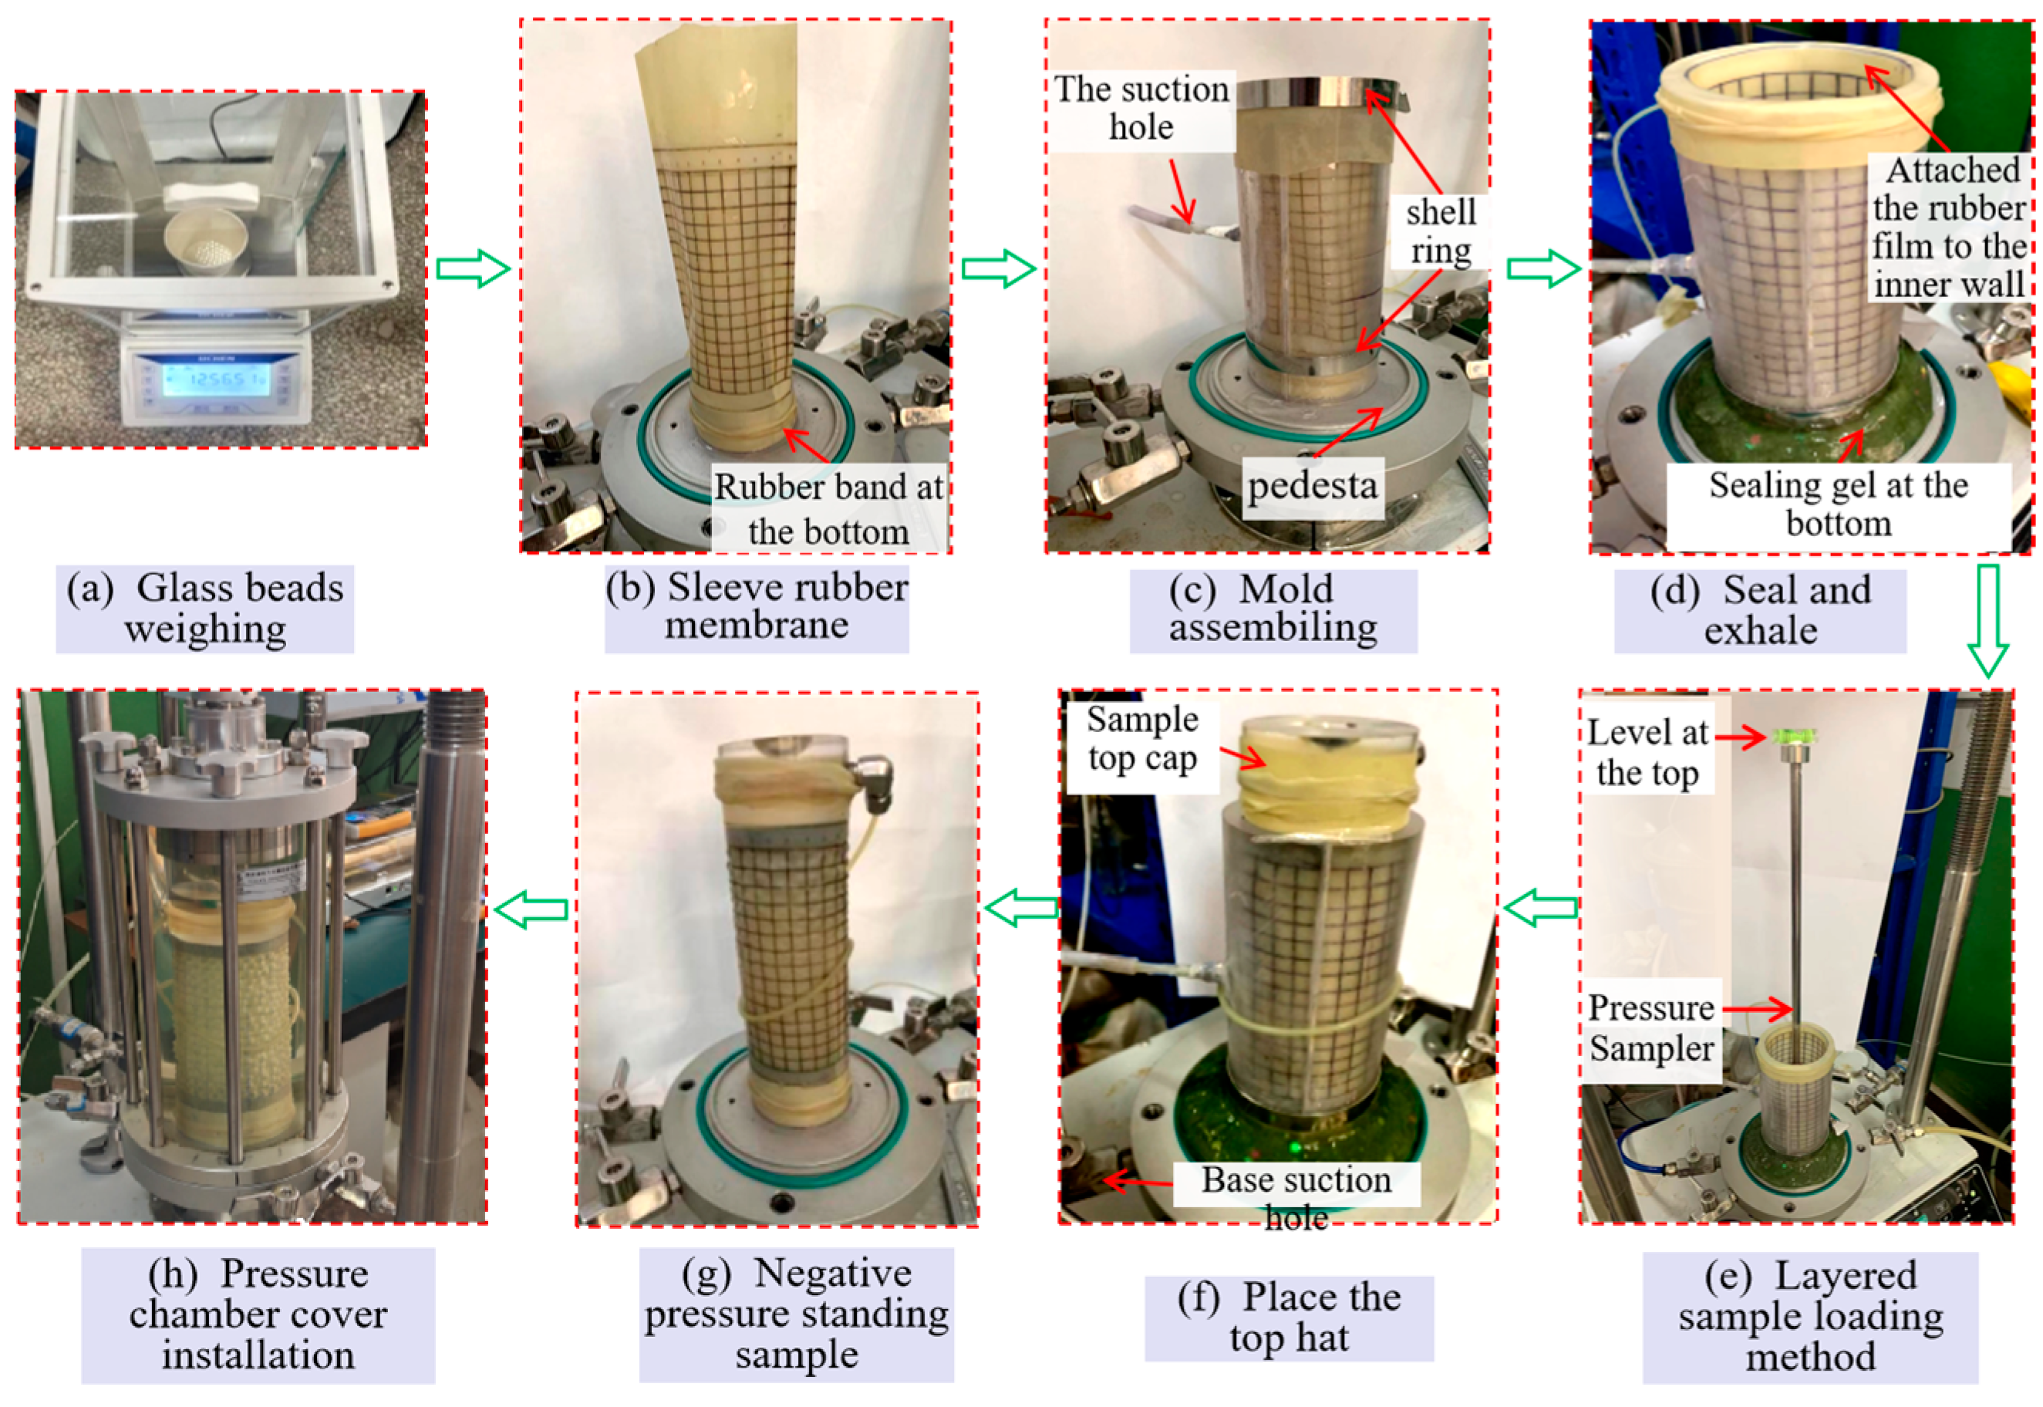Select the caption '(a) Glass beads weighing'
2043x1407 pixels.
point(205,609)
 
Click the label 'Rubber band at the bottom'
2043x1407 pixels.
point(828,508)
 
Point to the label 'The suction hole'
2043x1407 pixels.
point(1141,107)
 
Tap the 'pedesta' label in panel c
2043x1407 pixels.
point(1313,486)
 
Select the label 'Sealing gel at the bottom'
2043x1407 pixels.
point(1839,504)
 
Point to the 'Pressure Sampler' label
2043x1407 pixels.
point(1650,1028)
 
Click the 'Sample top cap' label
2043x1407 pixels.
point(1142,739)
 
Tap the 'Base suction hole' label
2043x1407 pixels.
point(1296,1198)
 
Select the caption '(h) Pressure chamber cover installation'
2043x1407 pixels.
point(258,1314)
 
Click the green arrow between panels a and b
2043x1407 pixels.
point(474,268)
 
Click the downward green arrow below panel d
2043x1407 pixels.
point(1987,622)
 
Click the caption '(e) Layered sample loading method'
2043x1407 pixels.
point(1810,1316)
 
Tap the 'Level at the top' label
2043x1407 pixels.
point(1647,752)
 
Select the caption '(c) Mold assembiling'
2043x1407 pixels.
point(1273,609)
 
